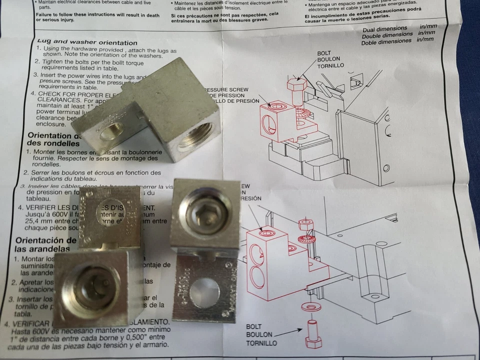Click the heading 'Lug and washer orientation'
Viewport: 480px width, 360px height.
(x=87, y=42)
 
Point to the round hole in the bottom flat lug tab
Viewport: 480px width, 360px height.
(x=204, y=292)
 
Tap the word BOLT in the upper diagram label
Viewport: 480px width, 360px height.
(x=324, y=53)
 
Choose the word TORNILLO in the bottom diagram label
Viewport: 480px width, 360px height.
(x=261, y=343)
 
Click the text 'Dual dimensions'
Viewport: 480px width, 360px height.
(x=384, y=28)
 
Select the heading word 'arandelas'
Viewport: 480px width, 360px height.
(x=39, y=248)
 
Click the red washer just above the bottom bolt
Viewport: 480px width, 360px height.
(x=311, y=305)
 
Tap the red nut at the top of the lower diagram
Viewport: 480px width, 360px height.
(x=305, y=224)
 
